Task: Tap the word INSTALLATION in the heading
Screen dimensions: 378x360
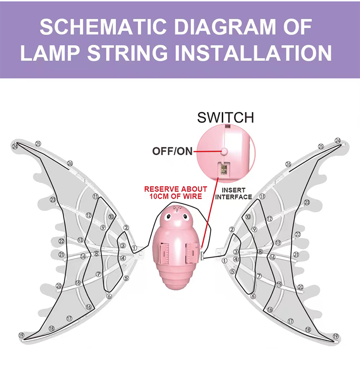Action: click(254, 53)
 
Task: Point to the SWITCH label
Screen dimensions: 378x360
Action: click(225, 117)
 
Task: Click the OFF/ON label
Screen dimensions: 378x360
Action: click(173, 151)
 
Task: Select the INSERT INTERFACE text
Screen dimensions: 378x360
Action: click(233, 194)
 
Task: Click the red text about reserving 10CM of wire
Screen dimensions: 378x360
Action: click(175, 193)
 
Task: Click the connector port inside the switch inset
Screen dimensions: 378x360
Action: click(224, 169)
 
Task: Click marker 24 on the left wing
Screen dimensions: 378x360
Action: click(15, 146)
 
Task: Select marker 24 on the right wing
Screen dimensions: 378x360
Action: click(338, 141)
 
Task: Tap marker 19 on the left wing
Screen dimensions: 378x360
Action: click(21, 336)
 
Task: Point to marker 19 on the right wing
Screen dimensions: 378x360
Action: click(336, 336)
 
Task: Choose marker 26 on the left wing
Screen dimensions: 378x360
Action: click(70, 163)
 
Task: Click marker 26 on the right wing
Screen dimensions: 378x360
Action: click(288, 164)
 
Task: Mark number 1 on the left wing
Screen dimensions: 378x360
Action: click(134, 248)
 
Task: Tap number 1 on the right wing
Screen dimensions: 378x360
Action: click(224, 261)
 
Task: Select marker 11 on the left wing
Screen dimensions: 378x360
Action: click(95, 196)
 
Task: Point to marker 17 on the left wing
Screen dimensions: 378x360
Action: click(69, 318)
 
